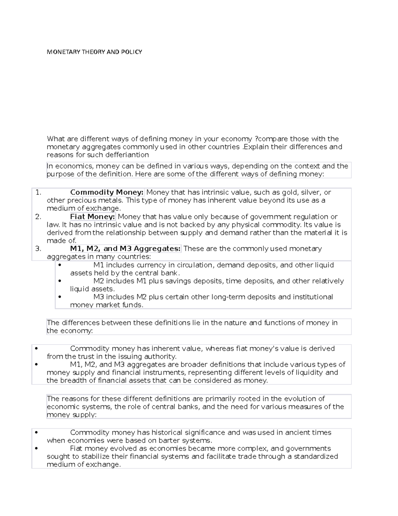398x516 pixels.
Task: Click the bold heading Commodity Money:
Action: point(107,192)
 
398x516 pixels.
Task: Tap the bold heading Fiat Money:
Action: point(93,217)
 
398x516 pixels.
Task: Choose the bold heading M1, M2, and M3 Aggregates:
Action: point(125,249)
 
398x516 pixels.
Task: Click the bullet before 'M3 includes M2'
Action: point(60,297)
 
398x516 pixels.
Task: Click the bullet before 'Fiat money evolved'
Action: point(36,449)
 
